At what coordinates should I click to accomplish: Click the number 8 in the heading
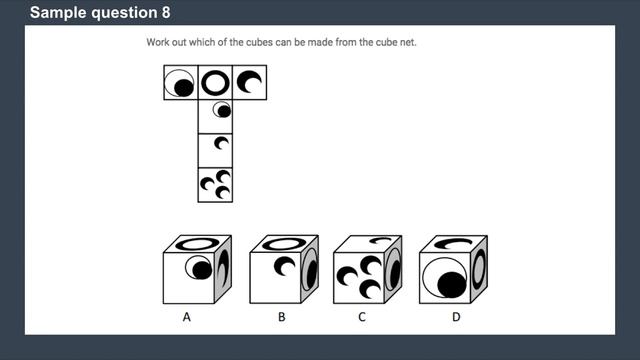coord(164,13)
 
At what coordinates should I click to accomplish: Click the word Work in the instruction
coord(159,44)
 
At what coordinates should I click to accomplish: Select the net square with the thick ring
coord(215,83)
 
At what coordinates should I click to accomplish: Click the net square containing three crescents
coord(215,184)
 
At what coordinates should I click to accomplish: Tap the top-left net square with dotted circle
coord(181,83)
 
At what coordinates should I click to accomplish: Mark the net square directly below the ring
coord(215,116)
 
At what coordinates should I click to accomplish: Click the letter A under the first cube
coord(186,318)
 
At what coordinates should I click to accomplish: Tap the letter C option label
coord(361,318)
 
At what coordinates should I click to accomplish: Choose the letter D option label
coord(455,318)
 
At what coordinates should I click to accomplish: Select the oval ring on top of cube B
coord(285,242)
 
